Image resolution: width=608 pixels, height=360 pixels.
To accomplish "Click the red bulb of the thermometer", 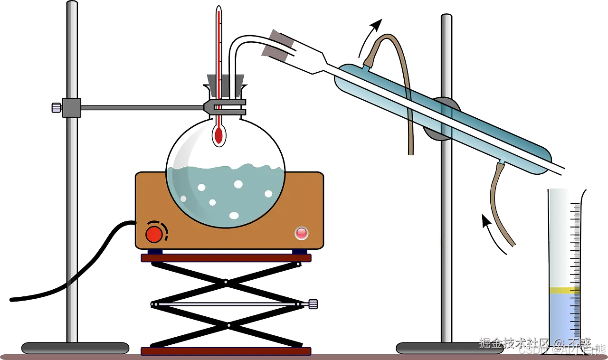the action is click(x=218, y=135).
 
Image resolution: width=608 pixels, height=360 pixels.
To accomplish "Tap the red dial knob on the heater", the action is click(x=153, y=234).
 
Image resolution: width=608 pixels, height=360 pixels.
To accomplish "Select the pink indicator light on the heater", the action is click(x=301, y=233).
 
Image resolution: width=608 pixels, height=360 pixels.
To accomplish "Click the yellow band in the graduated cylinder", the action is click(x=564, y=290).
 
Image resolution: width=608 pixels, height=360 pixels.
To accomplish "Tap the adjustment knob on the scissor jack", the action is click(x=313, y=303).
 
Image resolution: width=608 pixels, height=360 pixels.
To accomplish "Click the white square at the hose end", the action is click(x=409, y=161).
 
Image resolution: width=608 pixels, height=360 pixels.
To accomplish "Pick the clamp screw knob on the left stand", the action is click(x=56, y=107).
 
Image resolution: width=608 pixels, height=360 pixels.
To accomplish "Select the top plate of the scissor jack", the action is click(x=226, y=258).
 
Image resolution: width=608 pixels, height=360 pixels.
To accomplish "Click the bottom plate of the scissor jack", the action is click(x=226, y=351).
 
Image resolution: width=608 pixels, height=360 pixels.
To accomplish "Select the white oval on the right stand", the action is click(x=433, y=241).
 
